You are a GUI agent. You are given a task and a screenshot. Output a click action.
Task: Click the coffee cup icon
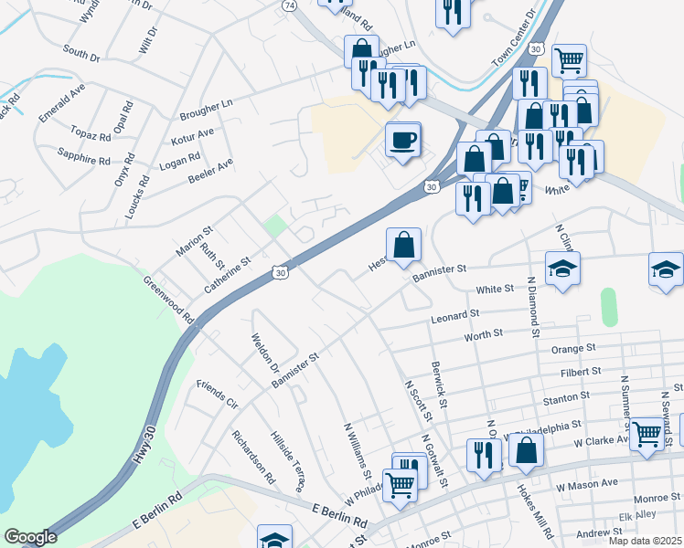pos(403,141)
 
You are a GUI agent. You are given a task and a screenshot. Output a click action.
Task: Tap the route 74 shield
pos(290,5)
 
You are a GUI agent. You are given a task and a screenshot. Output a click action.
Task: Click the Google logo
pos(30,537)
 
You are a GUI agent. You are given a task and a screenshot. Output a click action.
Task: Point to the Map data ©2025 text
pos(645,541)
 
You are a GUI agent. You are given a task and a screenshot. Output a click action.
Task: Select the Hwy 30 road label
pos(147,444)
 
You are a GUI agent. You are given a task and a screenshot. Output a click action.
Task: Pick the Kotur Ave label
pos(192,138)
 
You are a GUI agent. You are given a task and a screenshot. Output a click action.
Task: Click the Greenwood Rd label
pos(168,300)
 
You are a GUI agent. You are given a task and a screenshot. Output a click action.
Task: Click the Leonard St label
pos(454,316)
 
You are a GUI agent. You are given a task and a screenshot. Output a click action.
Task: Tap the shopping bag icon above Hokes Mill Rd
pos(526,449)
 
